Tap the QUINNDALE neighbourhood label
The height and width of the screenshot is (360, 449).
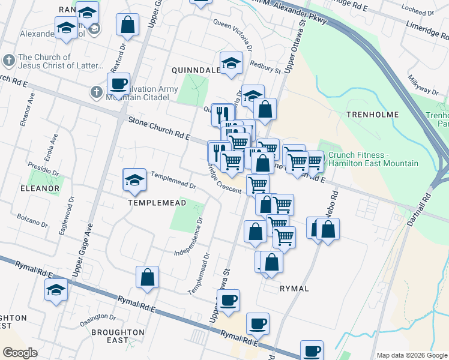click(196, 70)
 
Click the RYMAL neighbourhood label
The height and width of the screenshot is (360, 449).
click(294, 289)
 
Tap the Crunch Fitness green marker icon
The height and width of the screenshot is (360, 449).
click(322, 158)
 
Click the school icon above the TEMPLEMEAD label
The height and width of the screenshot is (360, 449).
click(134, 179)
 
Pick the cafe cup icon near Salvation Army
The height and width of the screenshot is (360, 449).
click(118, 84)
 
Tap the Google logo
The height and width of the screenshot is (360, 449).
click(20, 352)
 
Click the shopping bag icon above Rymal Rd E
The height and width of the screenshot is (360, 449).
click(147, 277)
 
